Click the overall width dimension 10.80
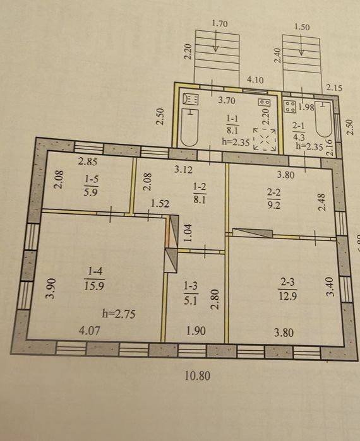tap(197, 376)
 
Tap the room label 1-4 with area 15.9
tap(94, 278)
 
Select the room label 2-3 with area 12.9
tap(287, 289)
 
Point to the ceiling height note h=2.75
tap(119, 314)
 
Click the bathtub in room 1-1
tap(189, 127)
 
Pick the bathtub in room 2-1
tap(324, 119)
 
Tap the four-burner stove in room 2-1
tap(290, 107)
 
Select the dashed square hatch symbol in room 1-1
tap(264, 139)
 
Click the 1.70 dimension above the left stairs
tap(220, 23)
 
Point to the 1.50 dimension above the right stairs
tap(302, 27)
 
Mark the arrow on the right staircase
tap(301, 45)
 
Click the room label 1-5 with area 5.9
tap(91, 185)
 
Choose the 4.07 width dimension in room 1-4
tap(90, 330)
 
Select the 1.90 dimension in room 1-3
tap(196, 331)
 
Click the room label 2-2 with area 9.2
tap(274, 199)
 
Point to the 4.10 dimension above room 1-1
tap(255, 80)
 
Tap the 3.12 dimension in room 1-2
tap(183, 169)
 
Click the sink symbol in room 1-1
tap(191, 99)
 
